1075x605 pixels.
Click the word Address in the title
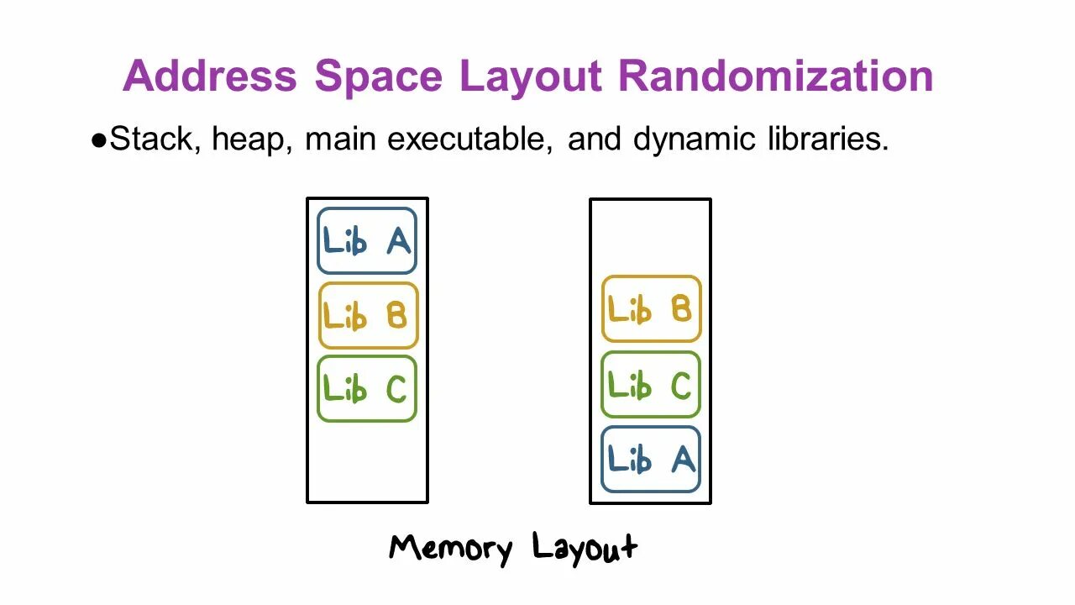(210, 76)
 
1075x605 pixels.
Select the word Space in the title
(378, 76)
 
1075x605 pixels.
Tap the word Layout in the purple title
(530, 77)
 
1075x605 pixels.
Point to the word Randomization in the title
(775, 76)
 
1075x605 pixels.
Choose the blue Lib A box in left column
(367, 241)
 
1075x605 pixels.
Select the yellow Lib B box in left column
(367, 315)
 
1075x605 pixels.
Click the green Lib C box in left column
(367, 388)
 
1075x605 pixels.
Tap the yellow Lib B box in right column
(651, 308)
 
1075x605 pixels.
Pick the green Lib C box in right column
(651, 384)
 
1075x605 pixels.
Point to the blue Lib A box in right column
(651, 459)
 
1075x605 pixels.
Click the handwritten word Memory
(450, 549)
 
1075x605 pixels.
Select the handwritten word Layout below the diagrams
(585, 549)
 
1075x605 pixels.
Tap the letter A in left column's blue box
(398, 241)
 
